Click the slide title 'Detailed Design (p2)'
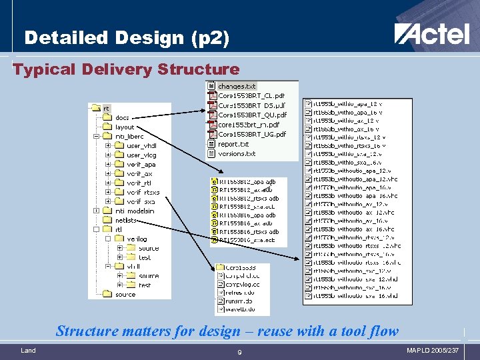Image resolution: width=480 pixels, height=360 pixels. [x=127, y=38]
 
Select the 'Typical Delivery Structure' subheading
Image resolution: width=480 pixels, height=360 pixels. [x=126, y=69]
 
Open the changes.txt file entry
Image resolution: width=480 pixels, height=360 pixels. [x=237, y=87]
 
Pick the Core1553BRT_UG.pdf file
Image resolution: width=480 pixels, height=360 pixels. [x=251, y=134]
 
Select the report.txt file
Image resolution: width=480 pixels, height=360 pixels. [x=233, y=144]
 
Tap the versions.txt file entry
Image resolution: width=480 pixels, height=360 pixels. [x=237, y=153]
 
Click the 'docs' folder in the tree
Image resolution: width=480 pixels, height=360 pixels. [x=122, y=118]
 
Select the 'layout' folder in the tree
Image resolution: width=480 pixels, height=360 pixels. [x=125, y=127]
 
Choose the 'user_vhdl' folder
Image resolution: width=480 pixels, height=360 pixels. [x=141, y=146]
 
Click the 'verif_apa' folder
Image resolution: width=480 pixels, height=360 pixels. [x=141, y=165]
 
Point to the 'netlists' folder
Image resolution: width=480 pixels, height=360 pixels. [x=126, y=220]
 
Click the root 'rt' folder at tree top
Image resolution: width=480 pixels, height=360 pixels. [x=106, y=108]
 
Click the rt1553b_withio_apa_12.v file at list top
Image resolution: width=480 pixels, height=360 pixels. [x=347, y=104]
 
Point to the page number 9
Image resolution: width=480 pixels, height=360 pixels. [x=239, y=352]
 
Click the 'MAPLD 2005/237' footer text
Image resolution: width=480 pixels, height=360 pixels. [x=433, y=351]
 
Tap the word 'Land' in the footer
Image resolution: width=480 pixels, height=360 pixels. [x=28, y=351]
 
